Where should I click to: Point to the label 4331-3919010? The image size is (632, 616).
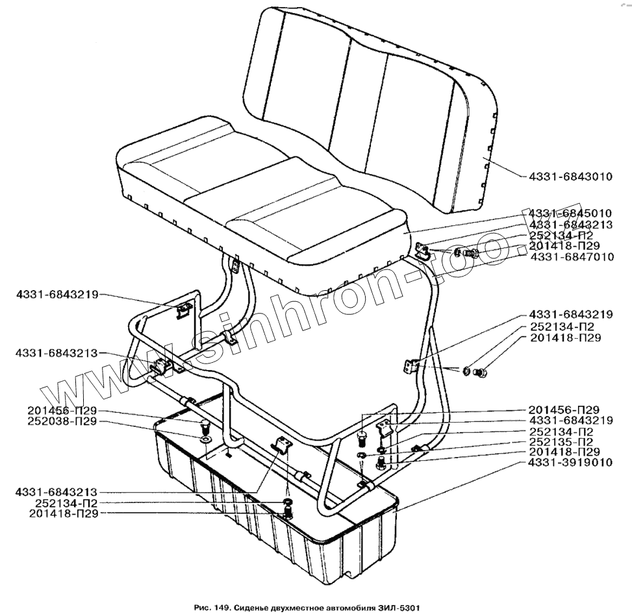[x=569, y=463]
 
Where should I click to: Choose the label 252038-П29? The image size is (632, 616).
[x=62, y=421]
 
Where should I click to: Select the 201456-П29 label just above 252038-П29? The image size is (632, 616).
[x=62, y=410]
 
